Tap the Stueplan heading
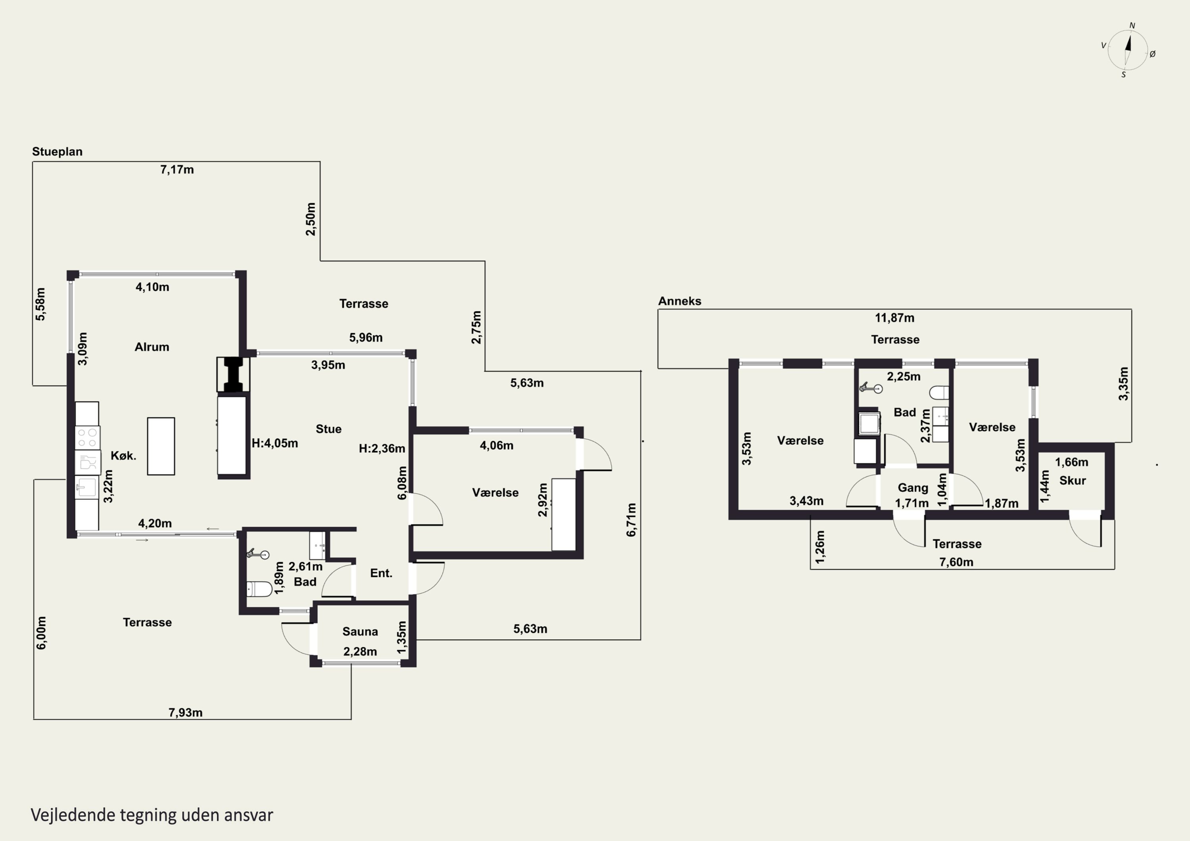[x=57, y=152]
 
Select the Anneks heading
[x=679, y=301]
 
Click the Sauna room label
[x=360, y=631]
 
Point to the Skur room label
[x=1072, y=480]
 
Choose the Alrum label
[x=152, y=347]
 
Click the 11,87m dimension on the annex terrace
[x=894, y=318]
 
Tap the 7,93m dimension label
[x=186, y=713]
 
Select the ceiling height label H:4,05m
[x=275, y=443]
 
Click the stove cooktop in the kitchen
[x=88, y=437]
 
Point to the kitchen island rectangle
[x=161, y=446]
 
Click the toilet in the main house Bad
[x=259, y=589]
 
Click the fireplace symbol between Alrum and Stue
[x=233, y=374]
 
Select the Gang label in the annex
[x=913, y=488]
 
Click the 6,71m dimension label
[x=631, y=520]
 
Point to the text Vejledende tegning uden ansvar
[x=152, y=814]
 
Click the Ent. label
[x=381, y=573]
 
